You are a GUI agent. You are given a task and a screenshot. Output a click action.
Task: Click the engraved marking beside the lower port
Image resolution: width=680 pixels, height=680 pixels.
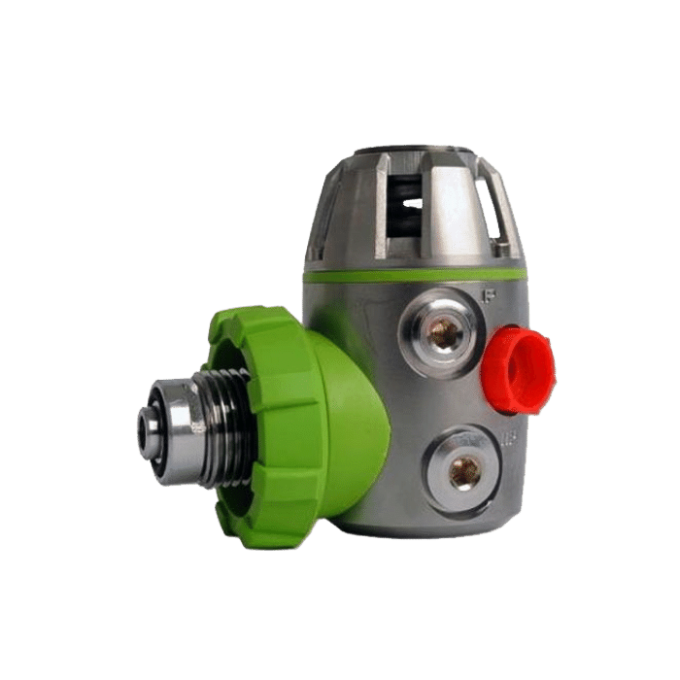point(506,440)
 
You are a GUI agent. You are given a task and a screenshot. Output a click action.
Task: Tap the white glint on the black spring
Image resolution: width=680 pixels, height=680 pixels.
point(413,203)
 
